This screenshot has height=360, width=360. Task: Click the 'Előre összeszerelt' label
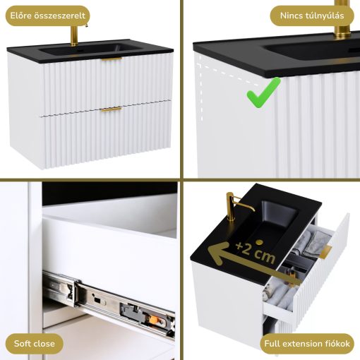pos(47,16)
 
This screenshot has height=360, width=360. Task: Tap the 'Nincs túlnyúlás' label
pos(312,16)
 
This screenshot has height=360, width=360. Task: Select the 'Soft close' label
pos(35,344)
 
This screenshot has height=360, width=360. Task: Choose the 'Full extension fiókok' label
pos(307,344)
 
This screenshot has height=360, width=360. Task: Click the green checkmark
pos(263,93)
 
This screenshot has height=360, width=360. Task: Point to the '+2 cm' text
pos(256,253)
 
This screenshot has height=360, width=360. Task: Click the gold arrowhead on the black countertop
pos(217,253)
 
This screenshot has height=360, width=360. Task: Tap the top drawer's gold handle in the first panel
pos(112,59)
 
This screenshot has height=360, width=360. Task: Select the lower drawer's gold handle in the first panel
pos(112,109)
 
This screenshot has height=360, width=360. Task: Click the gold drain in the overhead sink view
pos(260,242)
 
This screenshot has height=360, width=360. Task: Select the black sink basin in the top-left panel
pos(90,50)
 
